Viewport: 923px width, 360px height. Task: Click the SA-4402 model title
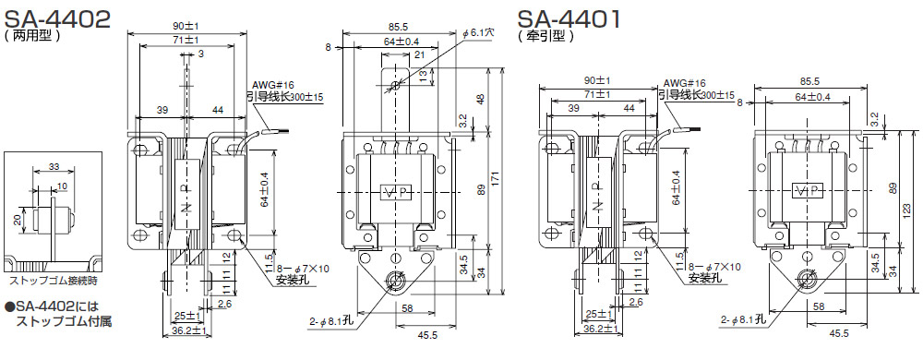click(56, 18)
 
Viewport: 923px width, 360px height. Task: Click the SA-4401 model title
click(569, 18)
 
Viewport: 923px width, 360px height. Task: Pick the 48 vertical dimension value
click(480, 99)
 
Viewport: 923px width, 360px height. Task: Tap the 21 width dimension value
click(420, 54)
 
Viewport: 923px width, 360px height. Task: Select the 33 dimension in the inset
click(54, 166)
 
